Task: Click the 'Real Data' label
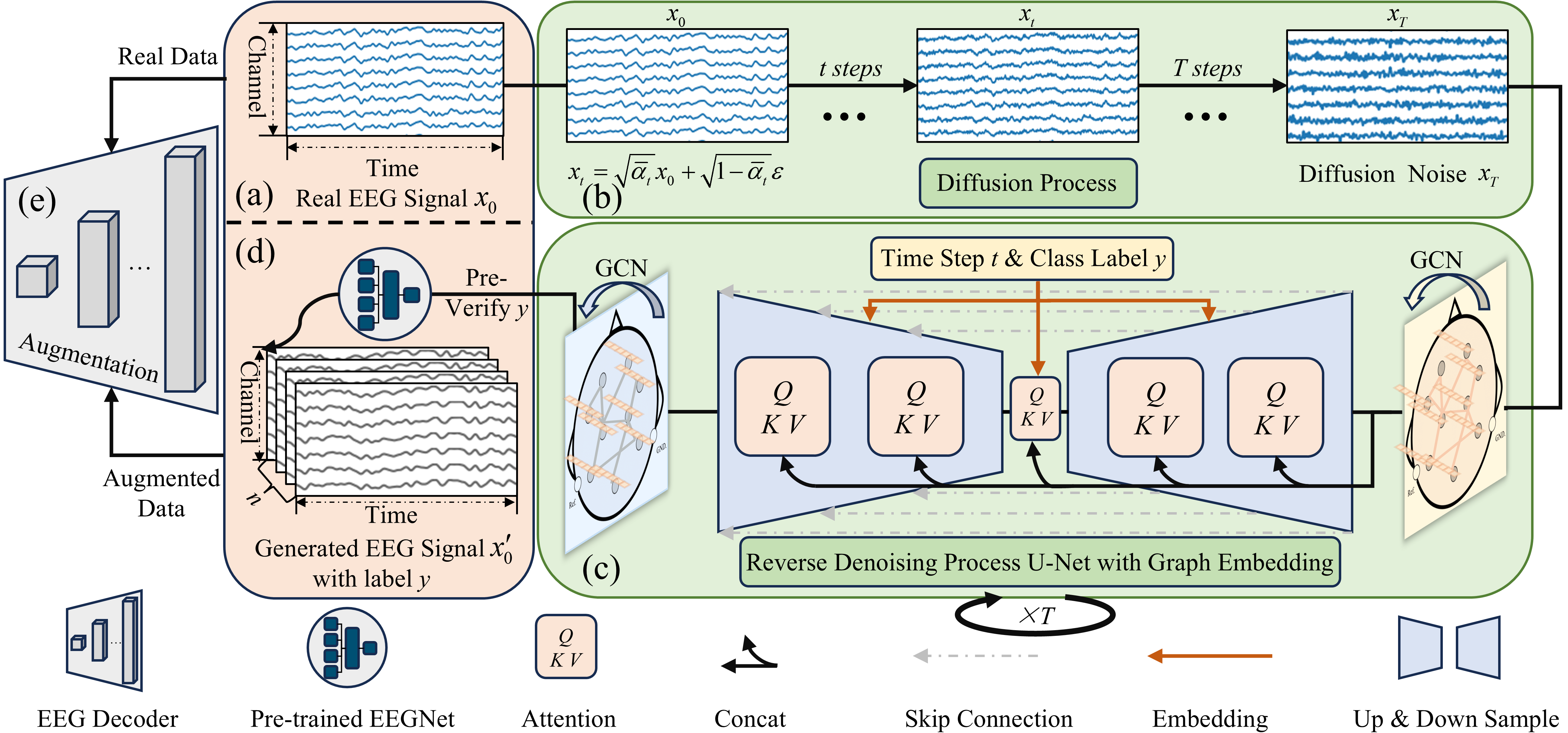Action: tap(168, 57)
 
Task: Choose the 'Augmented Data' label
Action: tap(161, 493)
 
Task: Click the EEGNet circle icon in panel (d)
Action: tap(385, 294)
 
